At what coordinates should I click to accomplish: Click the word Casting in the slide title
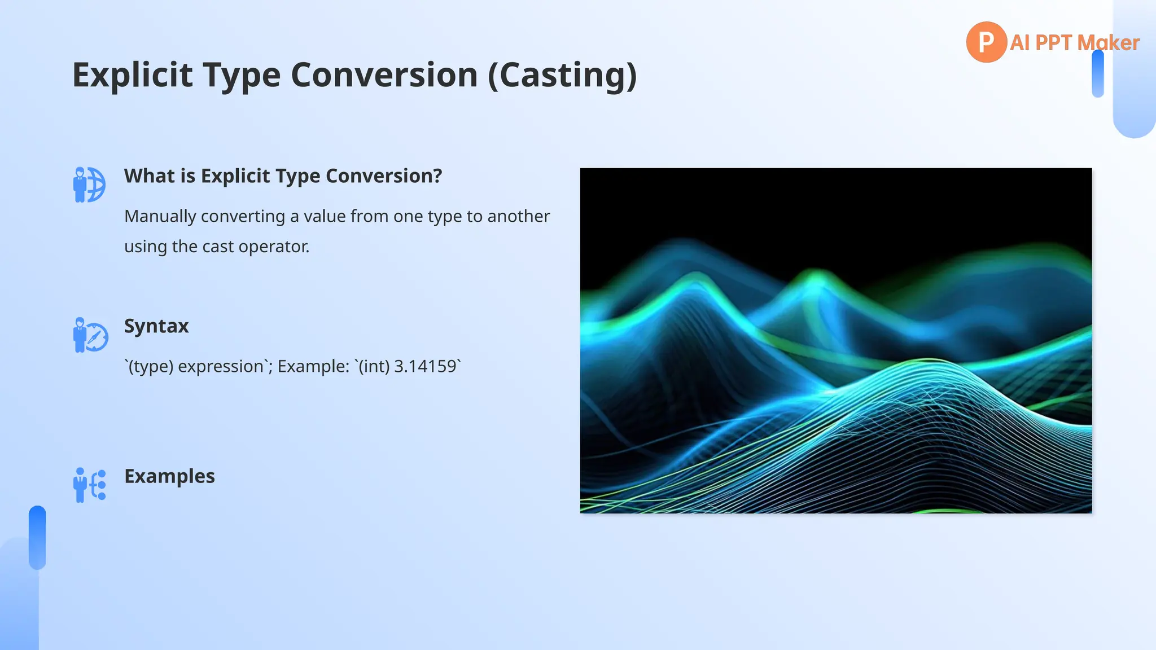pyautogui.click(x=565, y=75)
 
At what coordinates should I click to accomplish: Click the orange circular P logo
pyautogui.click(x=986, y=42)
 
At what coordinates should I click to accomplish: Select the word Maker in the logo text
pyautogui.click(x=1108, y=43)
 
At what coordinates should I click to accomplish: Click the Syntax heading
pyautogui.click(x=156, y=326)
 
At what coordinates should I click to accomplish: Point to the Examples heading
pyautogui.click(x=169, y=476)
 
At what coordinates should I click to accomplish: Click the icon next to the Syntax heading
pyautogui.click(x=90, y=335)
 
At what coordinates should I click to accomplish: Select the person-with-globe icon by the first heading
pyautogui.click(x=89, y=185)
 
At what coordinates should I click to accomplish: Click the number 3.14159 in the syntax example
pyautogui.click(x=425, y=366)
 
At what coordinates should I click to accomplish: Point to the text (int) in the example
pyautogui.click(x=375, y=366)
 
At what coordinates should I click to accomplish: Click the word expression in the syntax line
pyautogui.click(x=221, y=366)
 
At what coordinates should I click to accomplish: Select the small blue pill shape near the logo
pyautogui.click(x=1097, y=74)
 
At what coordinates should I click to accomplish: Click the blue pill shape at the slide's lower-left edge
pyautogui.click(x=37, y=537)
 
